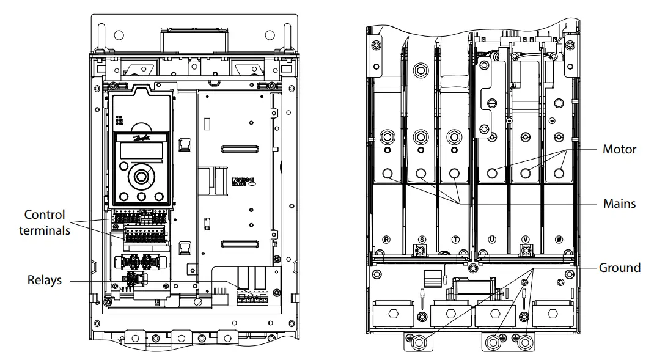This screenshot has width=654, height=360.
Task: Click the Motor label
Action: click(x=619, y=149)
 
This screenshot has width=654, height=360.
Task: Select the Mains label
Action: click(x=619, y=204)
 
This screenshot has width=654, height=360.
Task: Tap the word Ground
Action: click(x=619, y=268)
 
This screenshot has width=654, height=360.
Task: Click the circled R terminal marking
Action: click(x=386, y=240)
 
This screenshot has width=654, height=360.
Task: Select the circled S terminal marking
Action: click(x=421, y=240)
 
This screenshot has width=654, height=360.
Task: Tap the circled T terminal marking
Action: click(x=455, y=240)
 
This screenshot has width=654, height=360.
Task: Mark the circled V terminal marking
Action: click(x=524, y=240)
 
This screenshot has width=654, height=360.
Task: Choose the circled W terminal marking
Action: click(x=559, y=240)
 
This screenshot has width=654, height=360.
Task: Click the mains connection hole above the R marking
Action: click(x=387, y=174)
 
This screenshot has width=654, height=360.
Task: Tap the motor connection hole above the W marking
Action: click(x=558, y=174)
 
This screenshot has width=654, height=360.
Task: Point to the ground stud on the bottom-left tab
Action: click(x=418, y=343)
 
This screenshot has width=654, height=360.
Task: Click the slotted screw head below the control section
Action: click(x=197, y=302)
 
